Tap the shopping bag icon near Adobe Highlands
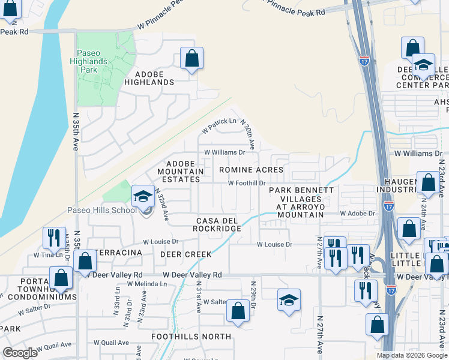tap(191, 59)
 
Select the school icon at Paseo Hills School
tap(143, 196)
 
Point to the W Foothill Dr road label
tap(246, 183)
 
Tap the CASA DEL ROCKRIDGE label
tap(217, 224)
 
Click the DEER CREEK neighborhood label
tap(185, 254)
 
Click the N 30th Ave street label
tap(247, 134)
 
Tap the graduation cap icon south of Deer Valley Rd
tap(289, 301)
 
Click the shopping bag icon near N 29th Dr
tap(238, 311)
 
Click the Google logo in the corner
tap(20, 353)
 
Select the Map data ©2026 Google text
tap(411, 355)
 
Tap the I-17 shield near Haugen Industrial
tap(389, 206)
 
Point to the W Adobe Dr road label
tap(357, 213)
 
